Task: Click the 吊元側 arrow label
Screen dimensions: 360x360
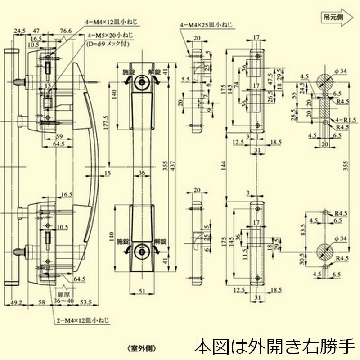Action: [x=333, y=17]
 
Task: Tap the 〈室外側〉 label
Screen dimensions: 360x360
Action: [x=141, y=348]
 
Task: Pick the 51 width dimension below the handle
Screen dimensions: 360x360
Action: [x=142, y=292]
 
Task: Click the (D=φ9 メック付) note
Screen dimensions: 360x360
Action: [x=110, y=44]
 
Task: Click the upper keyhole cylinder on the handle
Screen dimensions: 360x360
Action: [x=143, y=83]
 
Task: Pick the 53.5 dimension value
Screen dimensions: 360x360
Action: [x=86, y=302]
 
